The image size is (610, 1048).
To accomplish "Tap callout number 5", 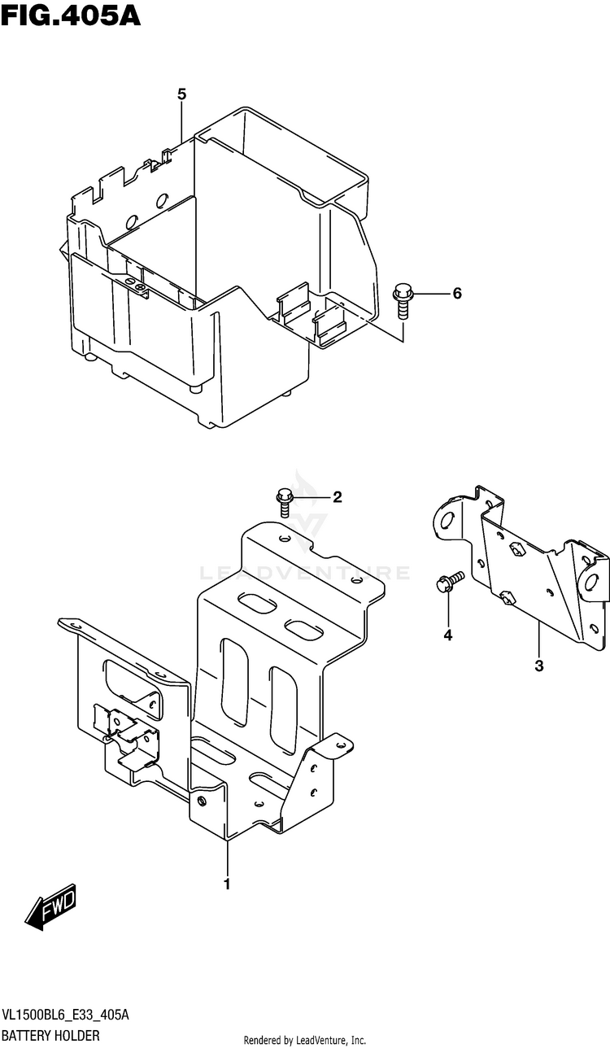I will (182, 95).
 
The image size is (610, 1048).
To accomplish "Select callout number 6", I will (456, 294).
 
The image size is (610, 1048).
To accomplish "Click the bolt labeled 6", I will (403, 300).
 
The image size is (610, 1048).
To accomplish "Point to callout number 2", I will (337, 497).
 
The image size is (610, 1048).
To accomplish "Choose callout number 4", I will (447, 635).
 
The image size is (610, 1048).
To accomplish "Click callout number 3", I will (538, 666).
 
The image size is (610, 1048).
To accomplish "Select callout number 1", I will (227, 884).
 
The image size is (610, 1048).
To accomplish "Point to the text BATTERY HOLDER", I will (50, 1036).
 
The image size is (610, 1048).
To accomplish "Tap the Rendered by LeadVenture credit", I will (305, 1040).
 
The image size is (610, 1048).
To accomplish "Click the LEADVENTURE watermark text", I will (304, 574).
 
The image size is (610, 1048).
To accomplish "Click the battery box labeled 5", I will (220, 269).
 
